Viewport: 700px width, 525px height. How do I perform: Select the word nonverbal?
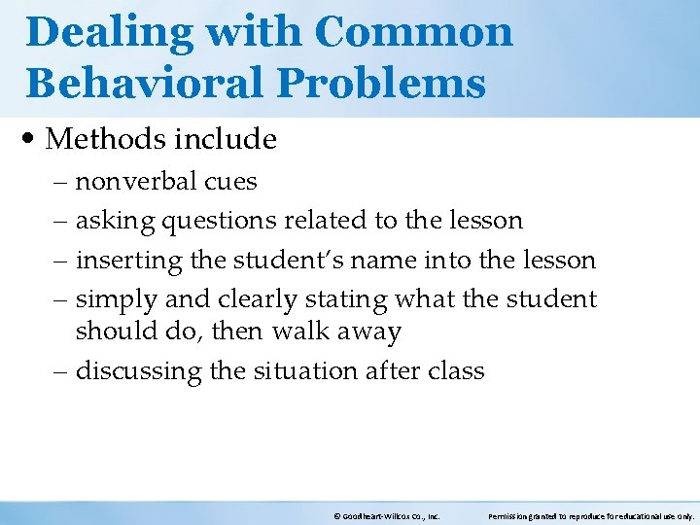(137, 182)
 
